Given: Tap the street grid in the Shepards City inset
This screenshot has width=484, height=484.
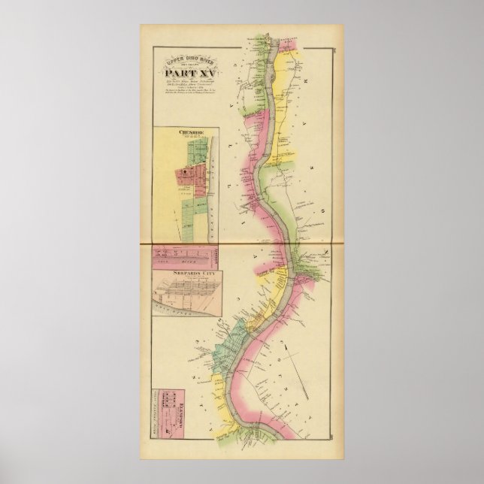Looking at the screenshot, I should point(185,289).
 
